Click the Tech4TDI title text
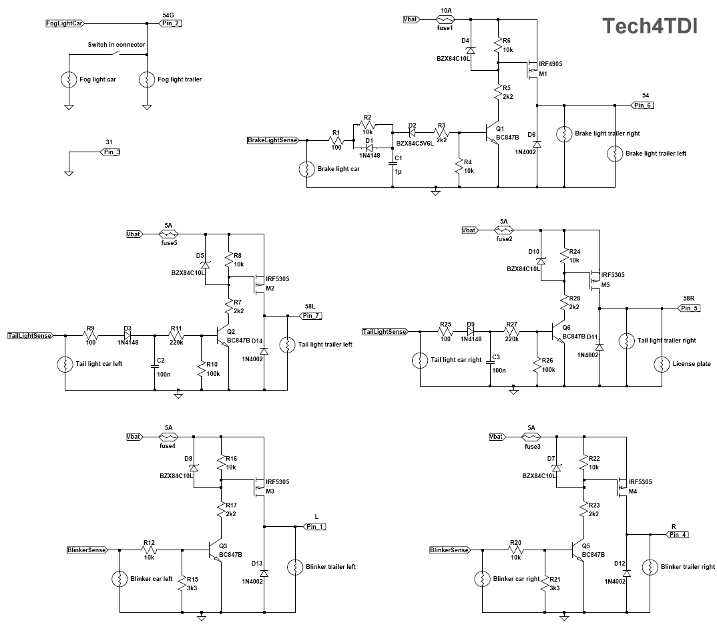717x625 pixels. [650, 26]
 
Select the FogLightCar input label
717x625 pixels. [64, 23]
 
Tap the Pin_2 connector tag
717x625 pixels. [171, 23]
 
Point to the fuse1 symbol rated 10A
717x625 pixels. [445, 19]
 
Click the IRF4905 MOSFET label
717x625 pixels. [550, 64]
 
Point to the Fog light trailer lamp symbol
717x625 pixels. [146, 79]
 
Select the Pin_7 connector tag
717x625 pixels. [311, 315]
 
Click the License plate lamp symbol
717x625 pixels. [662, 364]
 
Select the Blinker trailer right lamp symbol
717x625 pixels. [648, 567]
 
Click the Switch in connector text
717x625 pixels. [117, 45]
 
